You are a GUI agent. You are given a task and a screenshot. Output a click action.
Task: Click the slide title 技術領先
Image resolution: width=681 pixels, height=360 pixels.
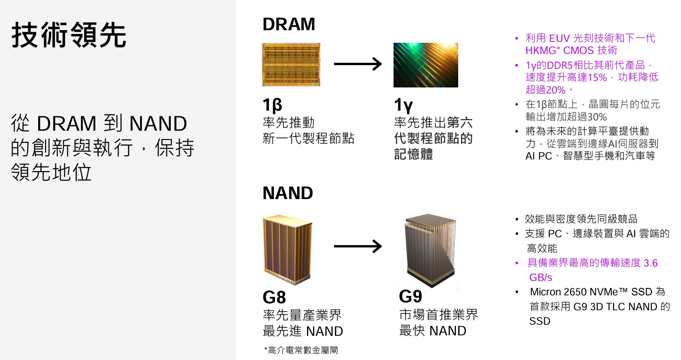click(69, 35)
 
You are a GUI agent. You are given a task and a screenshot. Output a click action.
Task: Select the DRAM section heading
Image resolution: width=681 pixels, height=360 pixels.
click(288, 24)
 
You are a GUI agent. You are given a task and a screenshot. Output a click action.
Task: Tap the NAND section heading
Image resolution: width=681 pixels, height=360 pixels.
click(287, 193)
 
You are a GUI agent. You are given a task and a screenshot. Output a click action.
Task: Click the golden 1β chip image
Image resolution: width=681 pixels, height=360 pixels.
click(291, 65)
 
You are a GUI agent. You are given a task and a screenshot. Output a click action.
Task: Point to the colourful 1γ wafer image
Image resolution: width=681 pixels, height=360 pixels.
click(426, 65)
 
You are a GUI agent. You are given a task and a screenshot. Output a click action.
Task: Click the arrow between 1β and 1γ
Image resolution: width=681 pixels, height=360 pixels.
click(358, 64)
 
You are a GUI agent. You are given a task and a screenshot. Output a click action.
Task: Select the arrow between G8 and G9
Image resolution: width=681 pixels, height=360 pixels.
click(358, 246)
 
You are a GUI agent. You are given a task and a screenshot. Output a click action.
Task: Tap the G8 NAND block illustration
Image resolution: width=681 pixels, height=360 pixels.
click(287, 250)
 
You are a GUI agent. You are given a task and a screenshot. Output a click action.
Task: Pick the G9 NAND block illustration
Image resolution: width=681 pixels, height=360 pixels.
click(430, 251)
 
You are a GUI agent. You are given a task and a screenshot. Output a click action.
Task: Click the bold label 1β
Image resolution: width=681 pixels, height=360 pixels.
click(273, 105)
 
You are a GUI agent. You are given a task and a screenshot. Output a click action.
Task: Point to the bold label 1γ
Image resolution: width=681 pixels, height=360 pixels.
click(403, 105)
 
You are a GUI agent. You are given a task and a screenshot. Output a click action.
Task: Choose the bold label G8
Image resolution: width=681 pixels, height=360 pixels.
click(274, 297)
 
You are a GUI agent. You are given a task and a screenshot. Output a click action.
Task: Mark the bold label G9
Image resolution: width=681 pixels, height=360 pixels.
click(410, 296)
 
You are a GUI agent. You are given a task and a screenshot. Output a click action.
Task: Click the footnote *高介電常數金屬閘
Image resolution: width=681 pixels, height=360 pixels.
click(301, 350)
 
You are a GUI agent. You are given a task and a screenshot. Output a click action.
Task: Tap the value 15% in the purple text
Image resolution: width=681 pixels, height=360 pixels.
click(597, 78)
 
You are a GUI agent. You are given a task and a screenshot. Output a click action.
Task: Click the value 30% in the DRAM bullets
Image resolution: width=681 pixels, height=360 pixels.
click(597, 117)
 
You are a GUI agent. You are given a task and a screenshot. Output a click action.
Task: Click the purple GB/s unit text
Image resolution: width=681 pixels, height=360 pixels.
click(541, 277)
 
